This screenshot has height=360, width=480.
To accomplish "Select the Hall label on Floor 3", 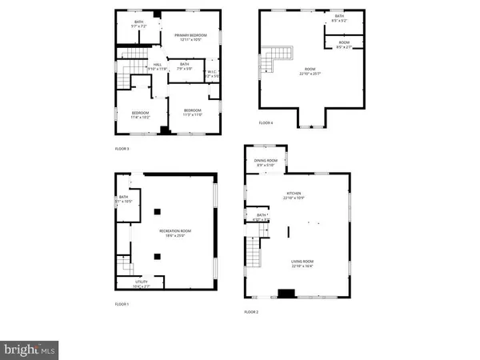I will [157, 65].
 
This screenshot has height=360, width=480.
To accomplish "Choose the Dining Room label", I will [266, 161].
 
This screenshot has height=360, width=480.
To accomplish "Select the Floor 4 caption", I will [266, 122].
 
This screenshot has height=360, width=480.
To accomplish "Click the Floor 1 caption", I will [121, 305].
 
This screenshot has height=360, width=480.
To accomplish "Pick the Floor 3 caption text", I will [122, 148].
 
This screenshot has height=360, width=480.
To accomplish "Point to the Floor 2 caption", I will [251, 312].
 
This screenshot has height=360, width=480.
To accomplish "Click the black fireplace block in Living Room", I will [285, 293].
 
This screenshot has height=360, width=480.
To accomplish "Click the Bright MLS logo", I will [29, 349].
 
